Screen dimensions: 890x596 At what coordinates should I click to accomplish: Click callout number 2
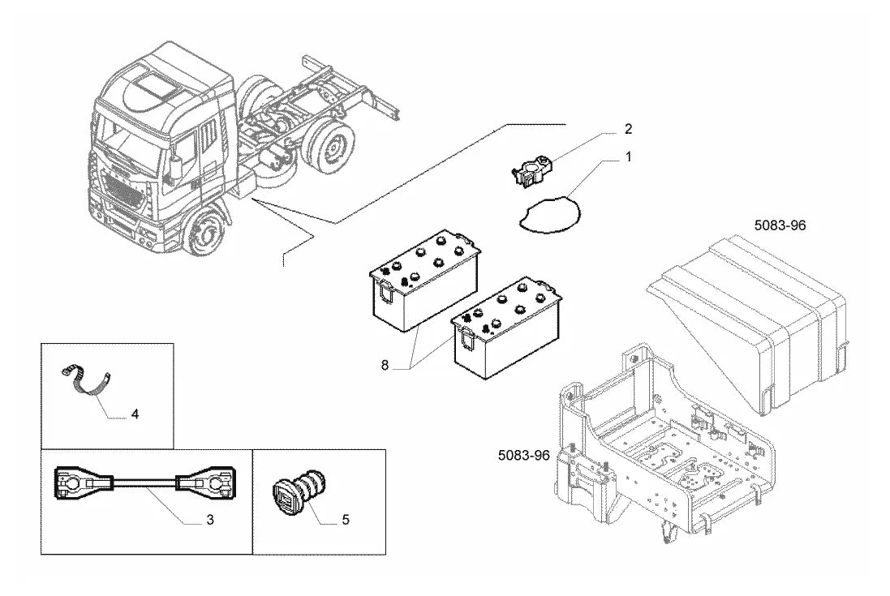[x=628, y=129]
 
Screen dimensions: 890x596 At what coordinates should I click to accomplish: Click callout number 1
[x=628, y=157]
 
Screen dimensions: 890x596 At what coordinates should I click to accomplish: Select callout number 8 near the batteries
[x=385, y=366]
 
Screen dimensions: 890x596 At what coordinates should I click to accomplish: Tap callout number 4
[x=135, y=414]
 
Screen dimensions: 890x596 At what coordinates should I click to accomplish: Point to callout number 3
[x=210, y=520]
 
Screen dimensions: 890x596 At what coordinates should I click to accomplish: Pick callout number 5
[x=345, y=520]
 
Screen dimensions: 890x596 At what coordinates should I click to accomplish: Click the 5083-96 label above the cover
[x=780, y=225]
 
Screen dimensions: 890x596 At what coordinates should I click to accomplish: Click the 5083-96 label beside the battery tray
[x=524, y=455]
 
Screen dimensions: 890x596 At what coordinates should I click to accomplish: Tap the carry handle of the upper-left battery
[x=386, y=291]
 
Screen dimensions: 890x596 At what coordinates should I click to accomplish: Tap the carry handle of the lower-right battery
[x=466, y=339]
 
